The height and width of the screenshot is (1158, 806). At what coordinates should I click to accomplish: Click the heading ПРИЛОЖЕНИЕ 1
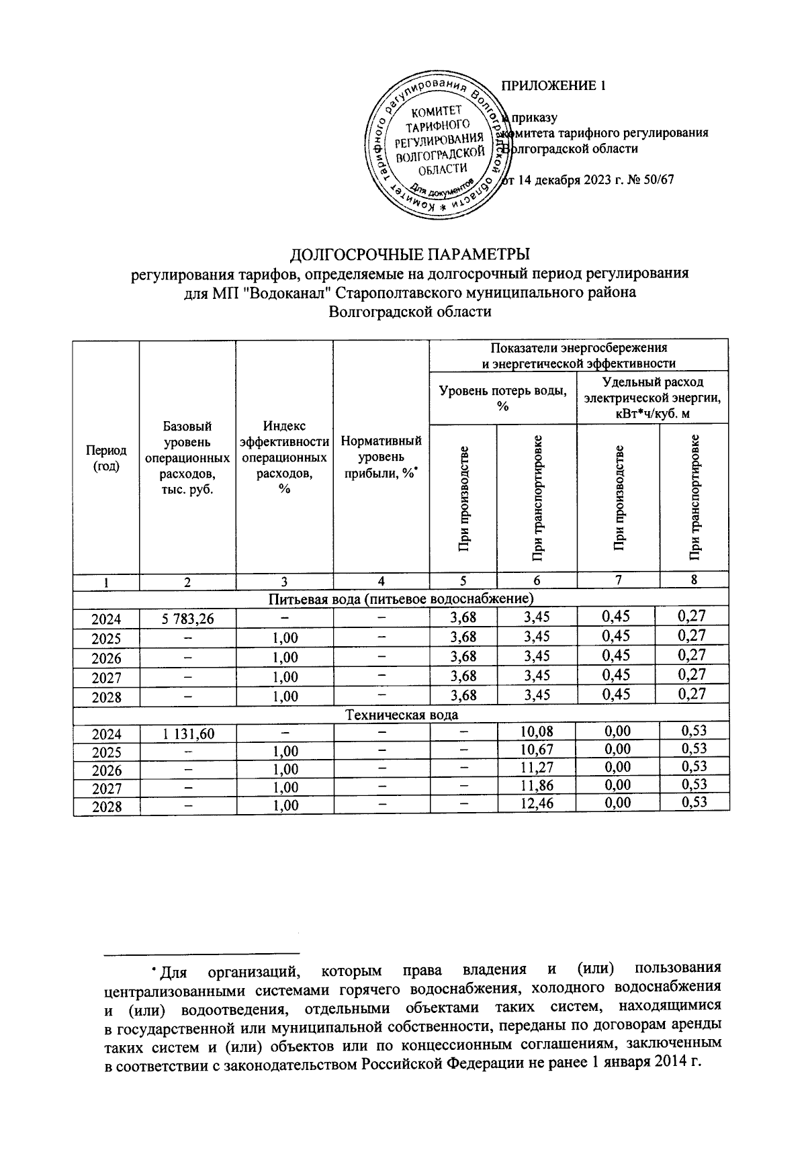pos(554,86)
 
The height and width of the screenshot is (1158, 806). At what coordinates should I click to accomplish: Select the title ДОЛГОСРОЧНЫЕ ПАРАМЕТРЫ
pos(410,255)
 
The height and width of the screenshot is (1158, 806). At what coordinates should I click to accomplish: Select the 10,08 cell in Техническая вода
pos(536,731)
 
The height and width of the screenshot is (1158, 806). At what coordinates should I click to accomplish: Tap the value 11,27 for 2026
pos(536,767)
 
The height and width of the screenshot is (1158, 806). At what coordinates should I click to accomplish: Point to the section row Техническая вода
pos(401,715)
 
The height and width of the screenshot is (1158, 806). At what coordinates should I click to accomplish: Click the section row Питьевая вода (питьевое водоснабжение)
pos(401,598)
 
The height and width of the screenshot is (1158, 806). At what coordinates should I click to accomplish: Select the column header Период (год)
pos(105,459)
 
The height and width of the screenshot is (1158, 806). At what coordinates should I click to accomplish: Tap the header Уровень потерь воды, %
pos(502,399)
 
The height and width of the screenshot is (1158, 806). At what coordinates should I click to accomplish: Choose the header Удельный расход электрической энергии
pos(652,398)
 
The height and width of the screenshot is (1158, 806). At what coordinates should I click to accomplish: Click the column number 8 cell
pos(694,581)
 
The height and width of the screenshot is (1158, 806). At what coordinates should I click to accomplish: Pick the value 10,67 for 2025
pos(536,750)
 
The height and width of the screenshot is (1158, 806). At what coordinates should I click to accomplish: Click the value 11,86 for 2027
pos(536,785)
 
